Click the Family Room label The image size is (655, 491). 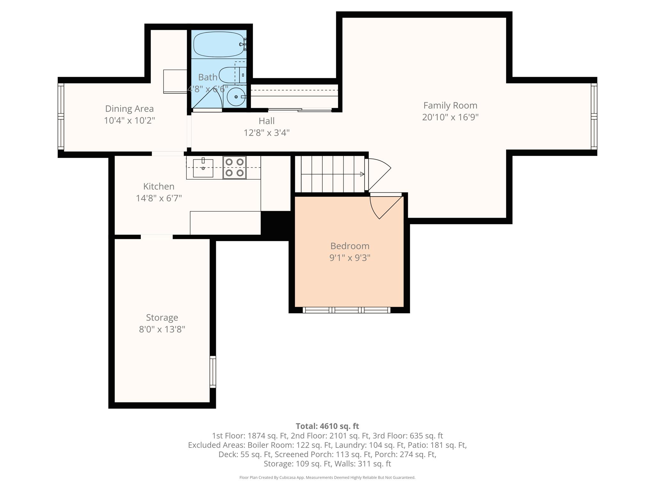pyautogui.click(x=450, y=105)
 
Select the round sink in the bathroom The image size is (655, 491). pyautogui.click(x=236, y=97)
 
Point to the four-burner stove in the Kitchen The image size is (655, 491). pyautogui.click(x=234, y=168)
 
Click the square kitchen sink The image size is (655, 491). pyautogui.click(x=203, y=168)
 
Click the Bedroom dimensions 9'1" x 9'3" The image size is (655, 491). pyautogui.click(x=350, y=258)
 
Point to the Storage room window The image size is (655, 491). pyautogui.click(x=213, y=372)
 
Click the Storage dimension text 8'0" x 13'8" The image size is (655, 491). pyautogui.click(x=162, y=329)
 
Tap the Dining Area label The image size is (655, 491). pyautogui.click(x=130, y=109)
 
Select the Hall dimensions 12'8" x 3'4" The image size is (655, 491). pyautogui.click(x=267, y=133)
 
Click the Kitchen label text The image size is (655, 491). pyautogui.click(x=159, y=186)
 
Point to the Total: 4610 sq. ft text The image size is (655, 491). pyautogui.click(x=327, y=426)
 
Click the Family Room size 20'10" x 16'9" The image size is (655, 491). pyautogui.click(x=450, y=117)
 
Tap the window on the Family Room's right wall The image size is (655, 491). pyautogui.click(x=594, y=116)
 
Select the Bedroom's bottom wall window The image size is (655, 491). pyautogui.click(x=347, y=310)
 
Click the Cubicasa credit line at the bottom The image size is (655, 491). pyautogui.click(x=327, y=478)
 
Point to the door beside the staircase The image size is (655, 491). pyautogui.click(x=378, y=175)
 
